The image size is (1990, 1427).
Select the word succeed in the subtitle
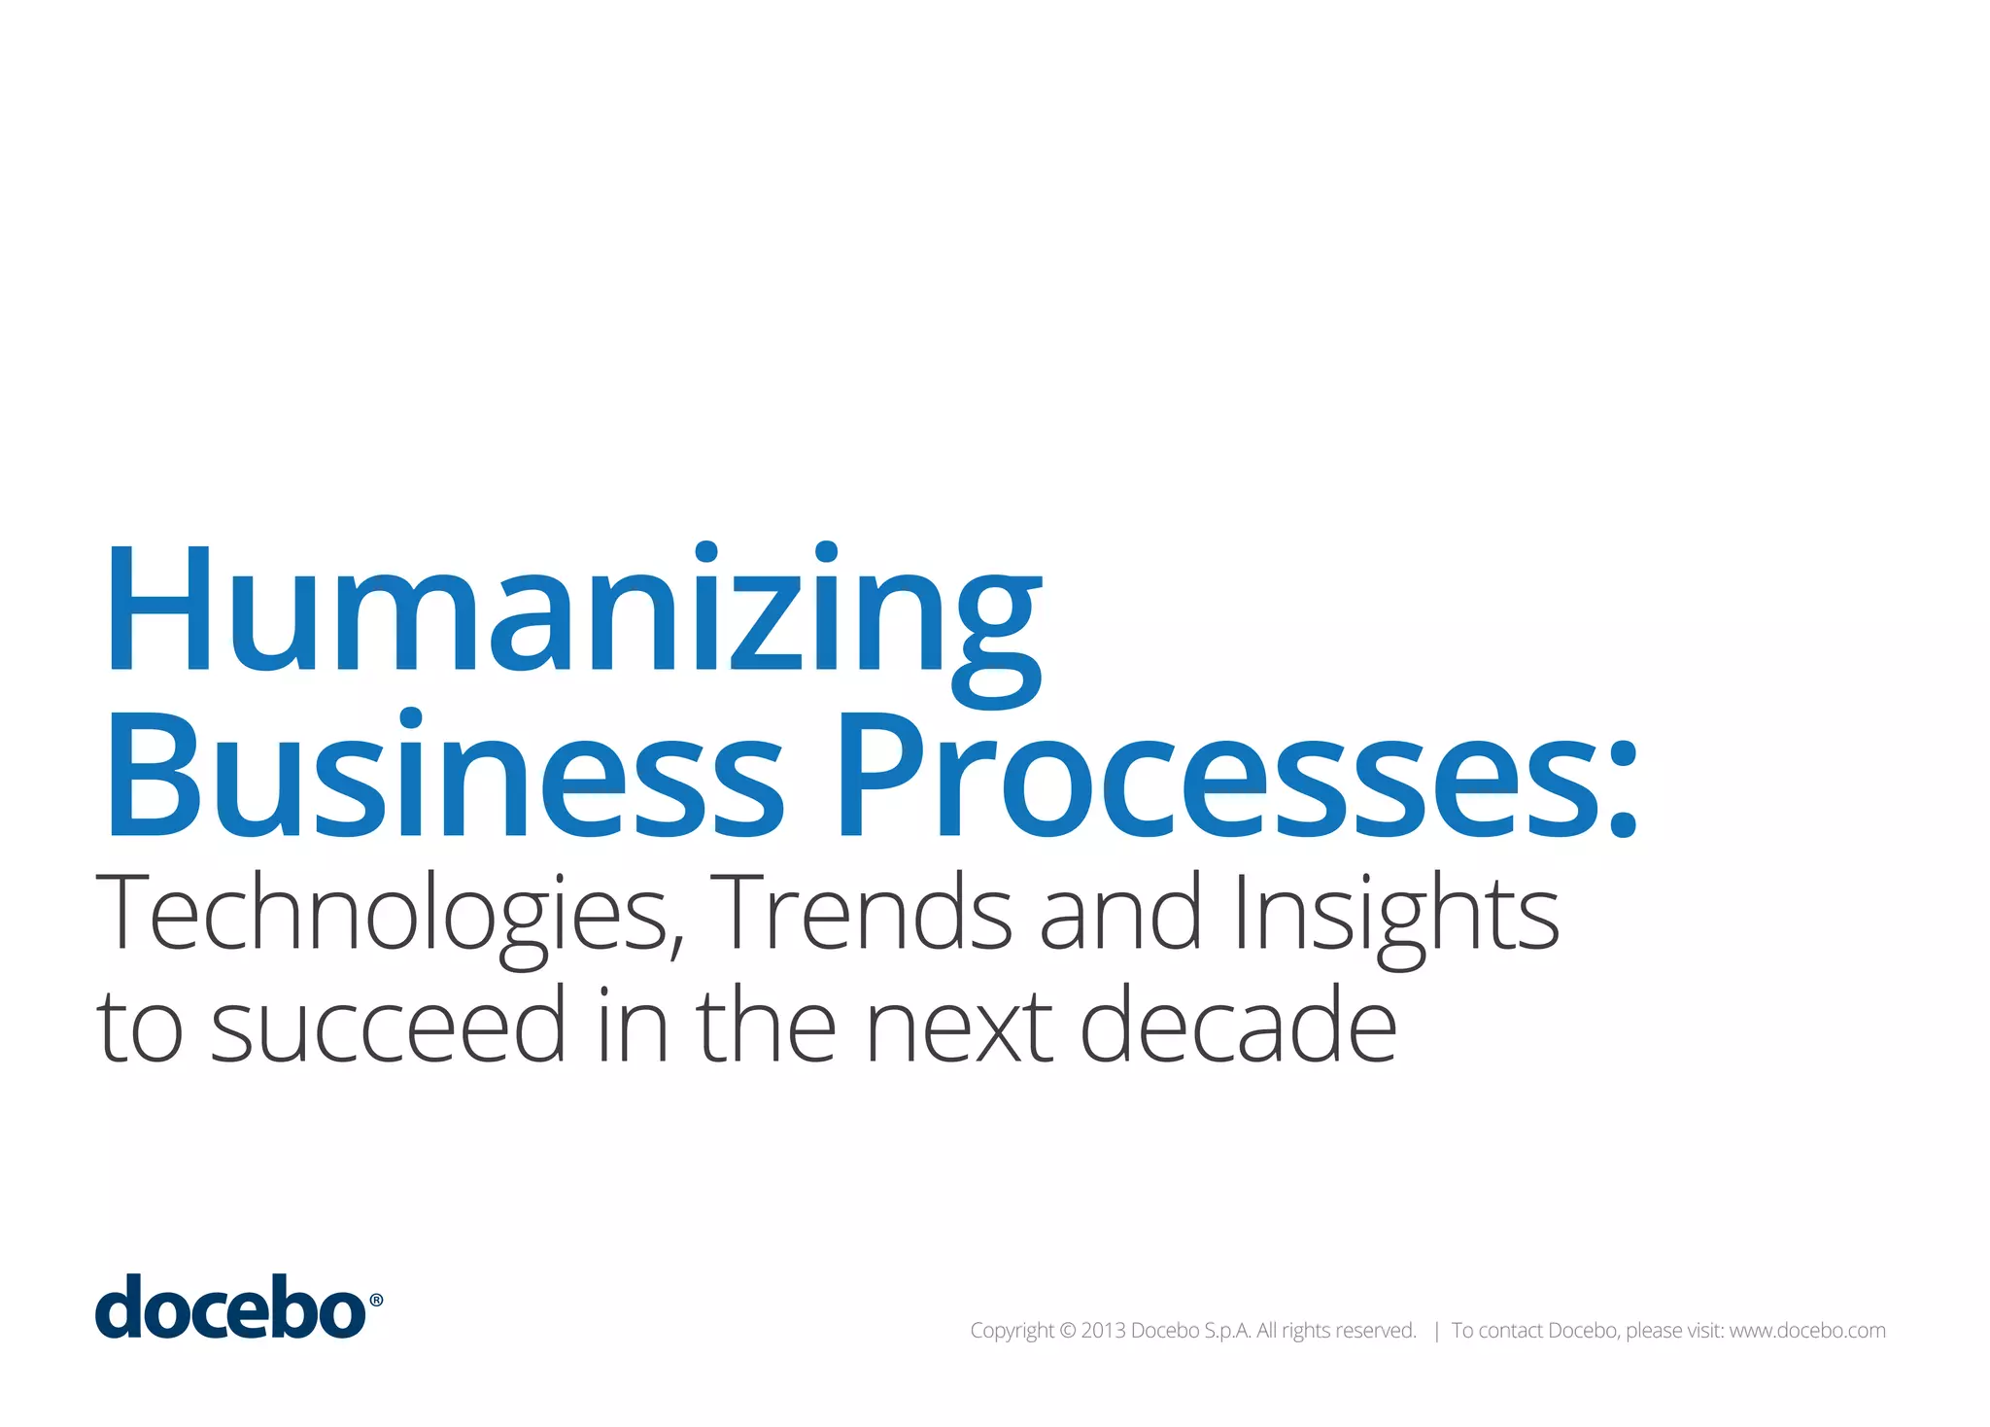tap(388, 1027)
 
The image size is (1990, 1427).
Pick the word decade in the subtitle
tap(1238, 1027)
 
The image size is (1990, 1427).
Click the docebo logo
tap(230, 1307)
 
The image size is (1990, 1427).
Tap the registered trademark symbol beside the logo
tap(376, 1301)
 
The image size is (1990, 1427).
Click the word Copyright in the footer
tap(1012, 1331)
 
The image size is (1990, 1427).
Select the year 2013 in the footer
tap(1103, 1331)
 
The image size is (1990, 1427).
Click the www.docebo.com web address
tap(1807, 1331)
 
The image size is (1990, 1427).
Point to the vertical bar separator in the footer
tap(1436, 1332)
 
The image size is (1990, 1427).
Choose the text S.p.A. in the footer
tap(1227, 1331)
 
